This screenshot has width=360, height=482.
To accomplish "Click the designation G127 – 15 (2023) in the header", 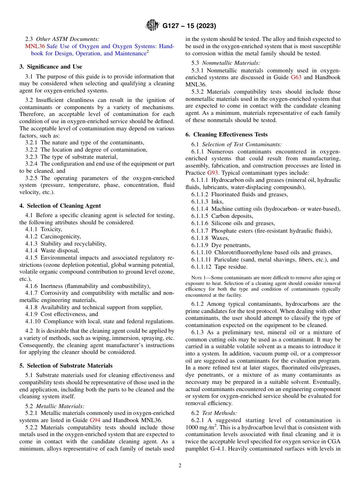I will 189,26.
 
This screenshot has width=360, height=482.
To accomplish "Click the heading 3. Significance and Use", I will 51,67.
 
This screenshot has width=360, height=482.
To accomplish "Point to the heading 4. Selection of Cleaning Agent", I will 60,206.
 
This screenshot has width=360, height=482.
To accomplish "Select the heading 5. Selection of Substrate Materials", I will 66,366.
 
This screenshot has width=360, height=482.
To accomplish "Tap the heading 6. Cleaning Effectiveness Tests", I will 227,135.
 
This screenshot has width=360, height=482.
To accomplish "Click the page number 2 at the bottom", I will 180,466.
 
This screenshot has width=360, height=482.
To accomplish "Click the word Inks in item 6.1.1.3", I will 218,202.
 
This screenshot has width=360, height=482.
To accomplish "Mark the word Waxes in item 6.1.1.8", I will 220,238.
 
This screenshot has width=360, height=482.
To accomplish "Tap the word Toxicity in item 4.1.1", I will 51,229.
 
